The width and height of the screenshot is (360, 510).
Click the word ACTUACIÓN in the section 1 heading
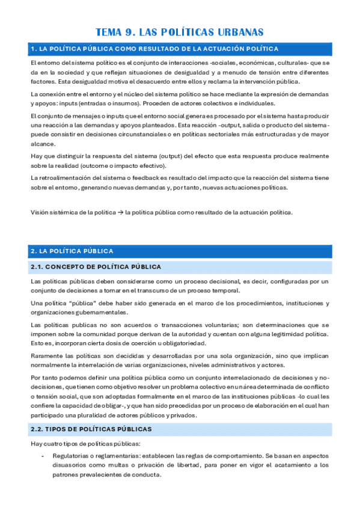tap(228, 49)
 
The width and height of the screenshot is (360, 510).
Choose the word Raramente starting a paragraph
tap(47, 355)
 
